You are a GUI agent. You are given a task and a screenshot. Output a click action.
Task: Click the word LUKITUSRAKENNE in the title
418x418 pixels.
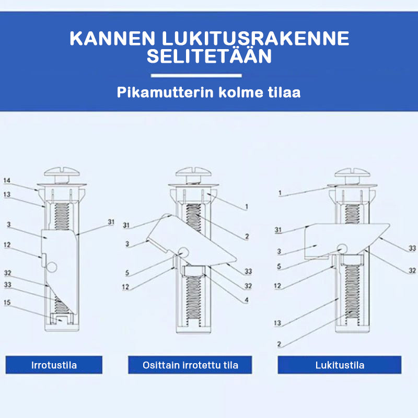point(256,38)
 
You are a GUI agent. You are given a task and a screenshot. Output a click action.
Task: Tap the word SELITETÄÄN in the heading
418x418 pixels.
point(210,56)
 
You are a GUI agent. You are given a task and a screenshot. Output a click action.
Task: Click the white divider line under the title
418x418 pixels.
point(196,76)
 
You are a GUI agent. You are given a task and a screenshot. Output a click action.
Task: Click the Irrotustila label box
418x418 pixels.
point(54,365)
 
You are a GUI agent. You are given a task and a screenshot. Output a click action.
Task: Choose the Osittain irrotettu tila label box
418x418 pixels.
point(190,365)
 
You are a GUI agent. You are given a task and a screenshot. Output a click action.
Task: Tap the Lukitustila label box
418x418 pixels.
point(339,365)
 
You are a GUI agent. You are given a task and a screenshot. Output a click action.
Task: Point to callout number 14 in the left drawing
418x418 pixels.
point(7,180)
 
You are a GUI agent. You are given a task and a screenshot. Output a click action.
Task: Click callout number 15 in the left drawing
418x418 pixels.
point(7,303)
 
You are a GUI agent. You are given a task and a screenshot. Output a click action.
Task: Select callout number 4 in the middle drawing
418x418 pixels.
point(247,300)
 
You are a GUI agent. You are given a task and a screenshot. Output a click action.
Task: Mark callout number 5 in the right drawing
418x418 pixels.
point(279,266)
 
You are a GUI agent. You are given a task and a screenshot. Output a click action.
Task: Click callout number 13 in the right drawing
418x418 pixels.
point(277,323)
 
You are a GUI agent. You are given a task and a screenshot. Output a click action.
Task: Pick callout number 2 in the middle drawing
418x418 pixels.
point(247,236)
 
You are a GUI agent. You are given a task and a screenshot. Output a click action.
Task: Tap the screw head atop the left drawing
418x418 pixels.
point(62,172)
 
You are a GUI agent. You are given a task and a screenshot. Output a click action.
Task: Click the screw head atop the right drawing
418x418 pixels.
point(352,173)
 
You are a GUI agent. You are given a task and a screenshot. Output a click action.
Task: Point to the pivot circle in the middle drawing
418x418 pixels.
point(183,251)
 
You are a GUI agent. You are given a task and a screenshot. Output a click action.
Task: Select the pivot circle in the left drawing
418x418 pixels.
point(52,267)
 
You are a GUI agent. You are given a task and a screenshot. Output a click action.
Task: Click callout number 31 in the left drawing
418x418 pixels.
point(111,222)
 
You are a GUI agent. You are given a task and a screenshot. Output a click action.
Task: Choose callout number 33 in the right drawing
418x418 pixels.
point(412,248)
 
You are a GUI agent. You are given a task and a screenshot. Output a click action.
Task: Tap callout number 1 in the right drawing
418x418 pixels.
point(280,192)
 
